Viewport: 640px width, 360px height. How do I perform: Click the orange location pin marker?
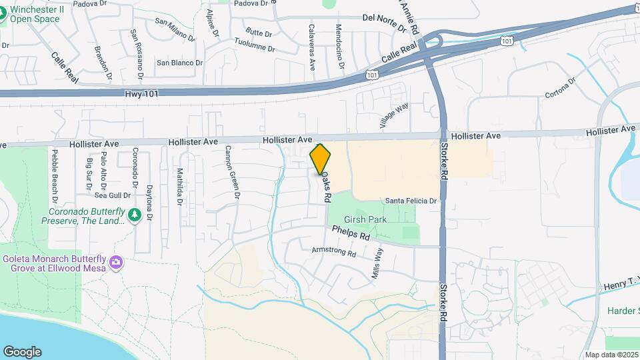(x=321, y=159)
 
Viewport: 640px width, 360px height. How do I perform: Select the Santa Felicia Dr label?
(x=411, y=201)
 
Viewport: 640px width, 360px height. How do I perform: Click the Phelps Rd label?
(x=351, y=233)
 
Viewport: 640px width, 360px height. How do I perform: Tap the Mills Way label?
(x=379, y=263)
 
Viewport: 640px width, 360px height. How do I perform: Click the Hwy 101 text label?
(x=141, y=95)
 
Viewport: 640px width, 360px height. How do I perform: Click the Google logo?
(x=22, y=351)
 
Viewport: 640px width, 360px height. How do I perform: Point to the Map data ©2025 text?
(x=611, y=355)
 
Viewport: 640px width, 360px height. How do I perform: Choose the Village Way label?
(x=394, y=115)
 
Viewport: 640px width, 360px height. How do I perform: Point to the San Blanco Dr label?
(x=179, y=63)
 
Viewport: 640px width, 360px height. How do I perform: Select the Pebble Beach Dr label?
(x=54, y=177)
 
